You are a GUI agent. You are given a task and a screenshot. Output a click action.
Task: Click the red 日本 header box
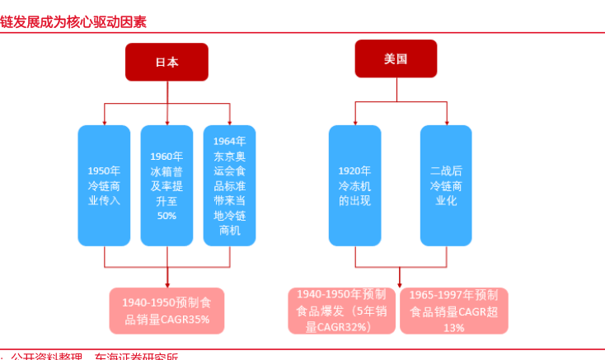point(166,62)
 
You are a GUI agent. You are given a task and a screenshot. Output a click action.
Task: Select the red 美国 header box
point(396,58)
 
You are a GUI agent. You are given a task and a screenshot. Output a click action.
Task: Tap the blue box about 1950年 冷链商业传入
point(104,185)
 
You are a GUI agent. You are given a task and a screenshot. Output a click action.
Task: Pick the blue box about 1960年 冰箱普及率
point(166,185)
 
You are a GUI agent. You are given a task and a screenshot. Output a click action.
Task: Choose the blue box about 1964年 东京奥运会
point(230,185)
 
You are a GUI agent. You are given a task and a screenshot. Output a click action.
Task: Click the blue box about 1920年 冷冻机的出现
point(355,185)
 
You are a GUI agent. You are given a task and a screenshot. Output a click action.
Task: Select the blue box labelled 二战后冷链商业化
point(446,185)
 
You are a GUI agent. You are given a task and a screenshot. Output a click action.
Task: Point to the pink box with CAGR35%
point(167,311)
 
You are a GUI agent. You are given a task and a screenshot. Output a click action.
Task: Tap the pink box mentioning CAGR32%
point(341,311)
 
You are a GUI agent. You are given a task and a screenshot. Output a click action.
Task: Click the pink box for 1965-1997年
point(454,311)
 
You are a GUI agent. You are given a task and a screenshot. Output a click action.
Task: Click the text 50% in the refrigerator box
point(166,215)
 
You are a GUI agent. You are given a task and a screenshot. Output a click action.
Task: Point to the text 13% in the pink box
point(454,327)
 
